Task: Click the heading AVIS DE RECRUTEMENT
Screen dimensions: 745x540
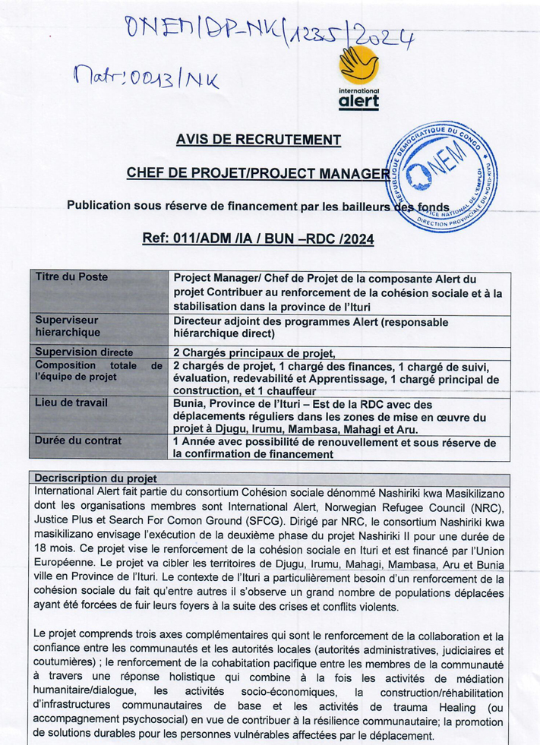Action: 258,140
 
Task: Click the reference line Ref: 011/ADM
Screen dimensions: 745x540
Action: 257,239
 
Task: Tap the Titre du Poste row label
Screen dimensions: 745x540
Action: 71,277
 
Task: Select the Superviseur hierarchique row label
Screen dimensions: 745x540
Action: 68,327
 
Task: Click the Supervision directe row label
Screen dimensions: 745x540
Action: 84,352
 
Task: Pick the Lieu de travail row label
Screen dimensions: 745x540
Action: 71,402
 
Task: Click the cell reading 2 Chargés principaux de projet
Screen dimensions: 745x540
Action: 254,352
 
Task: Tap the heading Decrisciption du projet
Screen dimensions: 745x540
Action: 96,478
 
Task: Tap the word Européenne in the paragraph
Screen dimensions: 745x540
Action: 66,565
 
